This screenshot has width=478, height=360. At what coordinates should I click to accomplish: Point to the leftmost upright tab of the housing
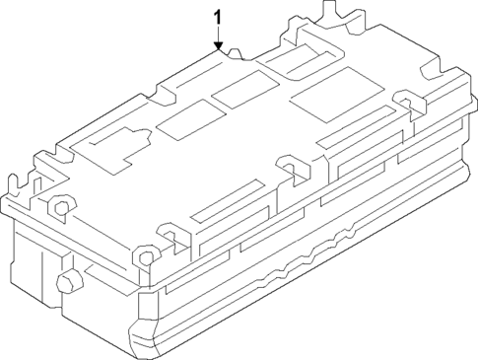(x=14, y=185)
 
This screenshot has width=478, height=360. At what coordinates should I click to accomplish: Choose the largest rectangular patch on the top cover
(x=327, y=96)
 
